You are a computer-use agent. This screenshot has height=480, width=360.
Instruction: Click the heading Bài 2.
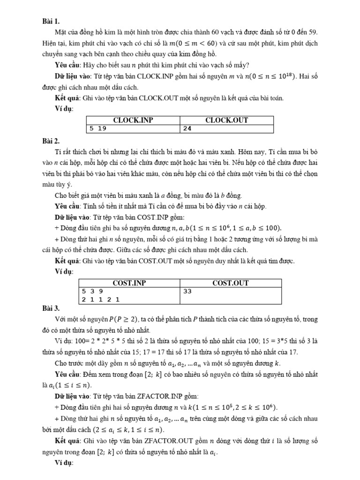[51, 140]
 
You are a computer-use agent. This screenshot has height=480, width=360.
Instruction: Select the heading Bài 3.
[51, 308]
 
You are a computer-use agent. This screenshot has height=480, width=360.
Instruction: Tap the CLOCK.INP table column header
[133, 120]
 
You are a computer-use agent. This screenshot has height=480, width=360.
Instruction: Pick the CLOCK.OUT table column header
[227, 120]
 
